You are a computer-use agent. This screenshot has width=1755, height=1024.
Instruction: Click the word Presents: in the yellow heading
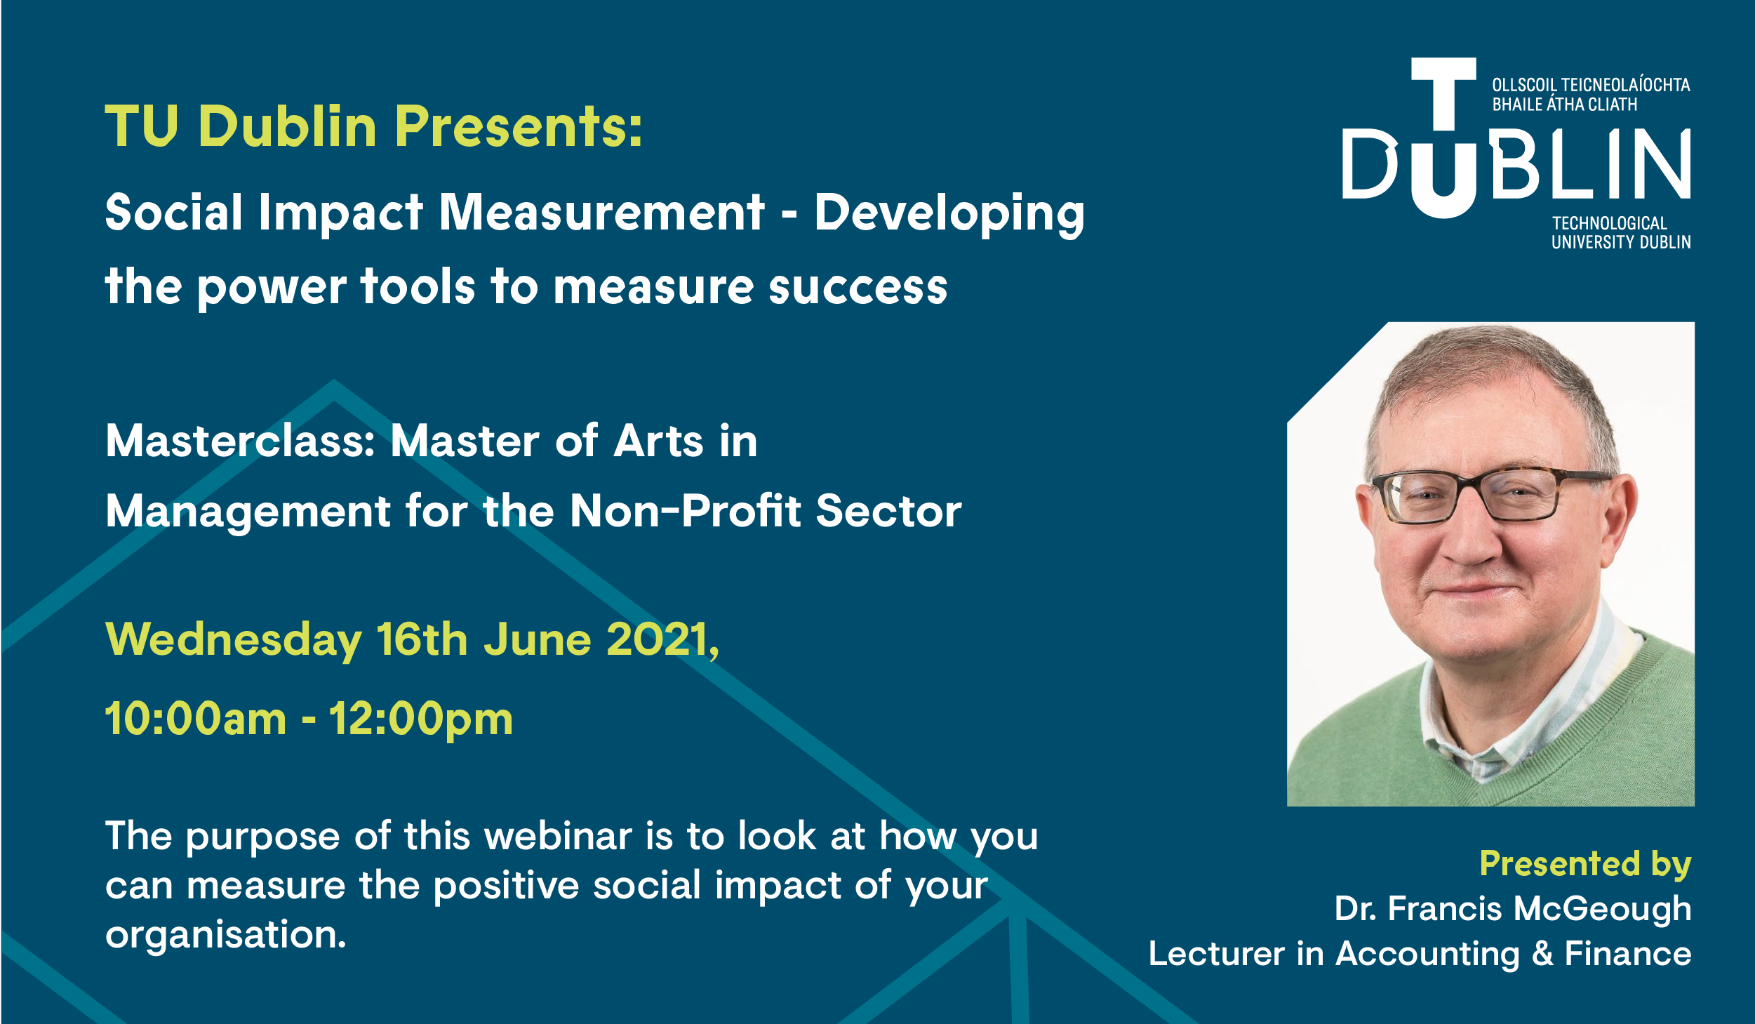tap(519, 126)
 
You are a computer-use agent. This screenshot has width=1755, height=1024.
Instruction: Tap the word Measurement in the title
tap(601, 212)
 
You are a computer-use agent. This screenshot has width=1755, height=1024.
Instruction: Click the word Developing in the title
tap(949, 215)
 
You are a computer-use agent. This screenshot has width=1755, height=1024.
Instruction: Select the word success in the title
tap(858, 288)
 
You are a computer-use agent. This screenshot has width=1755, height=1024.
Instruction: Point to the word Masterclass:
tap(241, 441)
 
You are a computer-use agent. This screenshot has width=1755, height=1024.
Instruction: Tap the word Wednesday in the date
tap(233, 640)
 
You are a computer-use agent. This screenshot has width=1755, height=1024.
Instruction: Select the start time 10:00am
tap(196, 719)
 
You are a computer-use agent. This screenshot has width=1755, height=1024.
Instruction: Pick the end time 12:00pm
tap(421, 720)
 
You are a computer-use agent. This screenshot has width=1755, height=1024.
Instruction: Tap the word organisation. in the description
tap(226, 935)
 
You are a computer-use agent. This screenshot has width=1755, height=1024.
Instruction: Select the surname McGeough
tap(1603, 909)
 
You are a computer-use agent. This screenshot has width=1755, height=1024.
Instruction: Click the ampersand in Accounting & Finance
tap(1542, 954)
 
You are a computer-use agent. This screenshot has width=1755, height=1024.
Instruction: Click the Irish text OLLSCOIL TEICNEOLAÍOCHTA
tap(1591, 85)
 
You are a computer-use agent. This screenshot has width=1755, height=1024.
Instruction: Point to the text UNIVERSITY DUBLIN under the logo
tap(1621, 242)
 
